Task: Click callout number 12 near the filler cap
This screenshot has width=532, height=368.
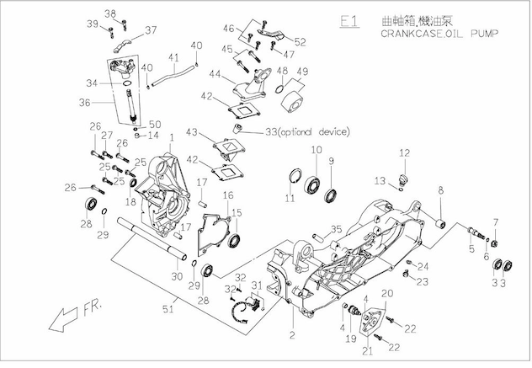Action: click(404, 152)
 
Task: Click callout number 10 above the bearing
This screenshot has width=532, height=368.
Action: click(317, 151)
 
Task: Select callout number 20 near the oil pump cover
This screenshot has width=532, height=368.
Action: click(387, 292)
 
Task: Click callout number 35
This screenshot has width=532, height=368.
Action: click(335, 228)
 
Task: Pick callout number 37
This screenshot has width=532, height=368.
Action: click(152, 29)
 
